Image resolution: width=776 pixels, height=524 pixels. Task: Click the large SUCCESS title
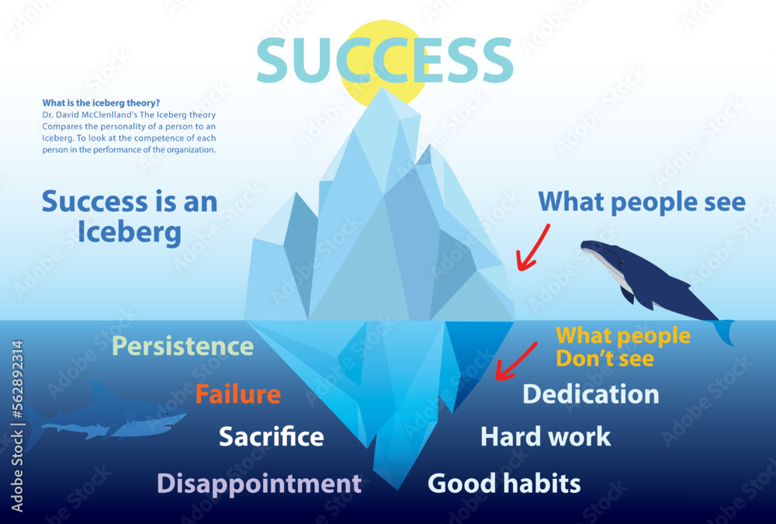pyautogui.click(x=384, y=61)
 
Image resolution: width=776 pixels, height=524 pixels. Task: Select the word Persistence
pyautogui.click(x=183, y=346)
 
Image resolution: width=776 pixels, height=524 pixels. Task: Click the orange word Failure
pyautogui.click(x=237, y=394)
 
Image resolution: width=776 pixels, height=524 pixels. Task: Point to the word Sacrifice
pyautogui.click(x=271, y=436)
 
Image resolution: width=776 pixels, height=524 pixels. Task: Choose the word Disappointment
pyautogui.click(x=259, y=484)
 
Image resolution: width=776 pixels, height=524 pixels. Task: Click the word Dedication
pyautogui.click(x=591, y=394)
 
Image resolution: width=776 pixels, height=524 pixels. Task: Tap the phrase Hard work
pyautogui.click(x=546, y=436)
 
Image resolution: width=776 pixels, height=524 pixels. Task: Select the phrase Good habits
pyautogui.click(x=504, y=484)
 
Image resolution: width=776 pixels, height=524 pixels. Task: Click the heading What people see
pyautogui.click(x=642, y=202)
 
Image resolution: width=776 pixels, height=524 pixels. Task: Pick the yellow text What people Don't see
pyautogui.click(x=622, y=346)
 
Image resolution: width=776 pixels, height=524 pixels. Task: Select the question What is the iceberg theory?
pyautogui.click(x=101, y=102)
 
